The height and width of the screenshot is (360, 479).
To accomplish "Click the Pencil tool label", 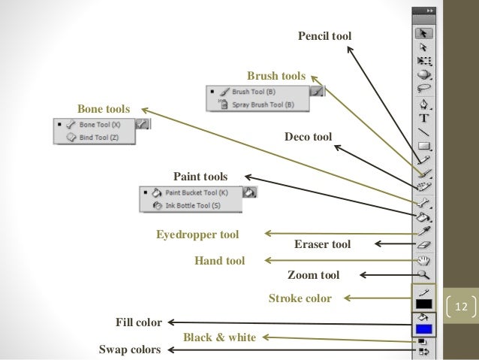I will (x=324, y=35).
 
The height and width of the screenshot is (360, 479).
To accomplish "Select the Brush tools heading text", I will (x=276, y=76).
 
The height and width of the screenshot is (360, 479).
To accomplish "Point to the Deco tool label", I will (x=309, y=137).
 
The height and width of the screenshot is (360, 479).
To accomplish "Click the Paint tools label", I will (x=200, y=176).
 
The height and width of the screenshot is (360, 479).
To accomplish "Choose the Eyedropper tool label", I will (x=197, y=234).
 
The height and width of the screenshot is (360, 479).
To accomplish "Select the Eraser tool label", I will (x=322, y=244).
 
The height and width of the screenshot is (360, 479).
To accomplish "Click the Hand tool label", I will (x=219, y=261).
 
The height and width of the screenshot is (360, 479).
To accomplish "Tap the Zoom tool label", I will (x=314, y=275).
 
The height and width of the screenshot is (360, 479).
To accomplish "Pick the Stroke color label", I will (x=300, y=298).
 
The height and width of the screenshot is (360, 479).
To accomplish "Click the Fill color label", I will (x=138, y=323).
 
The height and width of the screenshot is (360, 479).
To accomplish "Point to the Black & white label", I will (x=219, y=337).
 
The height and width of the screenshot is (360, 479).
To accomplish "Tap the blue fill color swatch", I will (x=423, y=328).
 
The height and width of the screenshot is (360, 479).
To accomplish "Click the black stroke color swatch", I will (x=423, y=304).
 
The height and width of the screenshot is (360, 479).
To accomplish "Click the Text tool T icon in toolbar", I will (x=424, y=117).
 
